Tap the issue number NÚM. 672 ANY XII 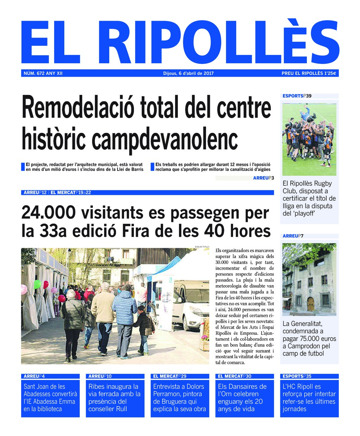[43, 73]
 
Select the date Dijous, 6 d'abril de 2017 [188, 73]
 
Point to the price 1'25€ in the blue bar [330, 73]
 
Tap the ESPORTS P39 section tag [297, 96]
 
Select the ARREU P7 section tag [293, 236]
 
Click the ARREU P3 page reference [263, 178]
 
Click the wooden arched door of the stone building [310, 304]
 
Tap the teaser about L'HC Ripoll [309, 398]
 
